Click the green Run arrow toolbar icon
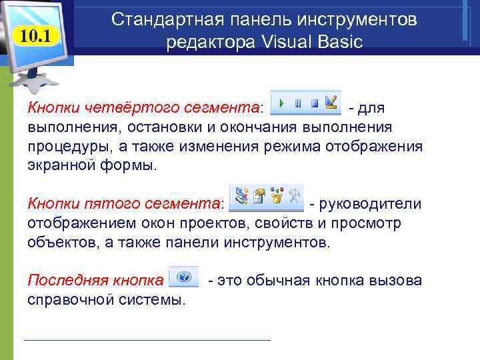(x=282, y=103)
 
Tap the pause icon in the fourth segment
(x=298, y=103)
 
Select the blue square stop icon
(x=314, y=103)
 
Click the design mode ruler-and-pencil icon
(x=330, y=103)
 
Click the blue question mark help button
(x=185, y=276)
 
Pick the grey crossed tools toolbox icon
(x=293, y=196)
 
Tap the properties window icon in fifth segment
(x=260, y=196)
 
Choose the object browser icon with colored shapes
(x=277, y=196)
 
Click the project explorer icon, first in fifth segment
(x=243, y=196)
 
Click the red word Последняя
(x=61, y=280)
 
